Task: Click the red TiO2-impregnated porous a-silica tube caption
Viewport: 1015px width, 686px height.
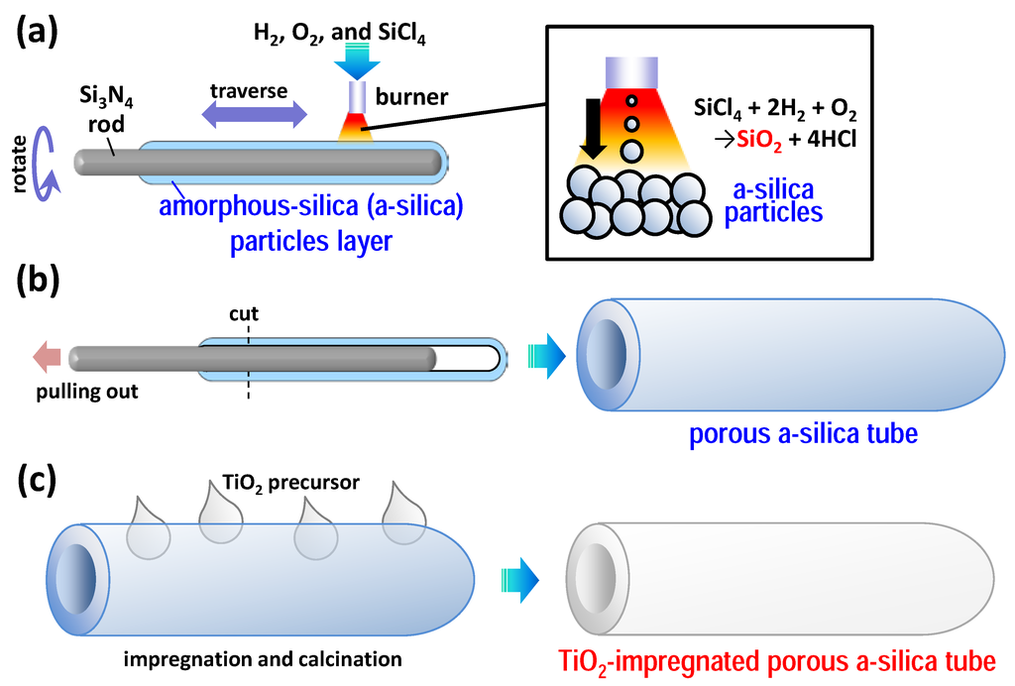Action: (777, 657)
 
